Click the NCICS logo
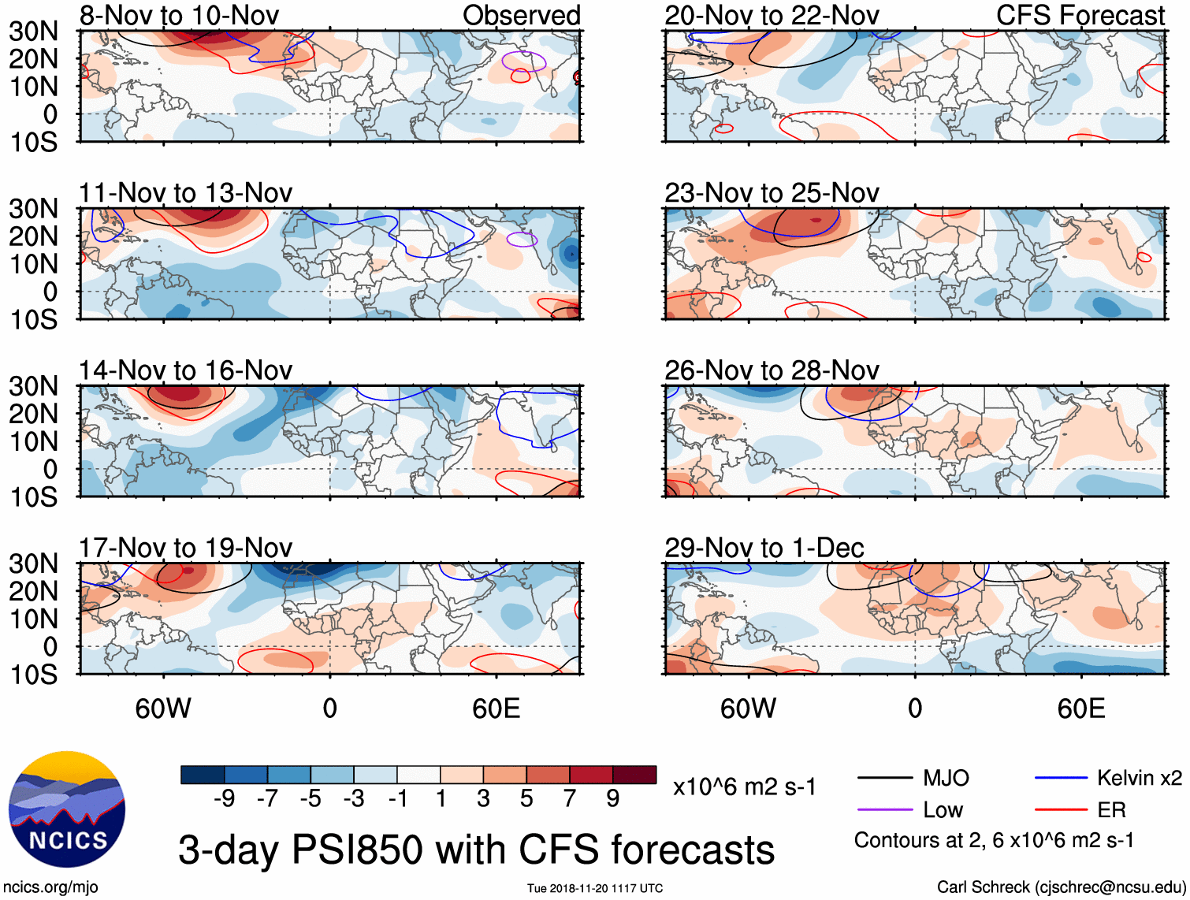[x=67, y=809]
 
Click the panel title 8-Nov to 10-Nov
[x=179, y=15]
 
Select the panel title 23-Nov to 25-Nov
[x=772, y=192]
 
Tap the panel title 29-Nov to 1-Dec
[x=764, y=548]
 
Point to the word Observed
[x=522, y=15]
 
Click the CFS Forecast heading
[x=1080, y=15]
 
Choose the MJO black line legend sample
[x=885, y=779]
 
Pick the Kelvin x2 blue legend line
[x=1061, y=779]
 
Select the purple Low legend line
[x=885, y=810]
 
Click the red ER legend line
[x=1061, y=810]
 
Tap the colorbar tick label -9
[x=225, y=799]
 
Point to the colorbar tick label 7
[x=570, y=799]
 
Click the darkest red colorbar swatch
[x=634, y=775]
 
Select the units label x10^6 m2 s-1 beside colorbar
[x=745, y=787]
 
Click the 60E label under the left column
[x=496, y=708]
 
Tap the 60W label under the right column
[x=749, y=708]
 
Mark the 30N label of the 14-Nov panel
[x=33, y=386]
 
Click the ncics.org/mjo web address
[x=50, y=887]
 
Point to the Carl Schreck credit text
[x=1061, y=887]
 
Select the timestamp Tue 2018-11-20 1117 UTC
[x=595, y=889]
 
